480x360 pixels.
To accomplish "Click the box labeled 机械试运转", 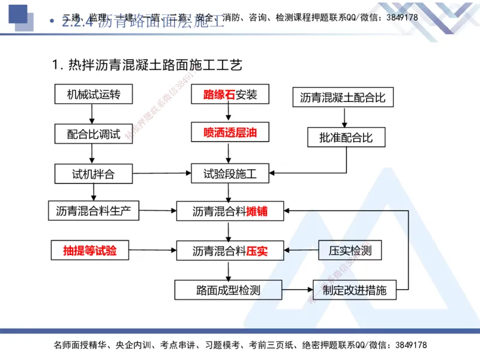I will [93, 94].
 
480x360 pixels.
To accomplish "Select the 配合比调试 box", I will [93, 134].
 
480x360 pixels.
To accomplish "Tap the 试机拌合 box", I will [93, 174].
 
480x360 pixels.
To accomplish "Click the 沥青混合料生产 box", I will [93, 211].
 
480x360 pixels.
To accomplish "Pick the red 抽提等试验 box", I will [90, 250].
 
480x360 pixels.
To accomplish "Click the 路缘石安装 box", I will [230, 94].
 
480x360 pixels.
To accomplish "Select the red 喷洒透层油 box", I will [230, 133].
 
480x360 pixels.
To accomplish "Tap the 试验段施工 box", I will [230, 174].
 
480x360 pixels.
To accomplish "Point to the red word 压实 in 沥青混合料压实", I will [257, 251].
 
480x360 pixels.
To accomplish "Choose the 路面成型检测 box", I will [228, 290].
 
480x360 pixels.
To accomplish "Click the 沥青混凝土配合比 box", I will [343, 98].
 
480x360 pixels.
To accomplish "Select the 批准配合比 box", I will [346, 137].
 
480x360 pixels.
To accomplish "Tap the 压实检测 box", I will [350, 250].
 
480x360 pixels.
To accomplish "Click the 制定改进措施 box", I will [355, 290].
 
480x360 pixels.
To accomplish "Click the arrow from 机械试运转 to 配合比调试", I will [92, 114].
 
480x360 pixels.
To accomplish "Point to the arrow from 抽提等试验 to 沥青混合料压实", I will [153, 250].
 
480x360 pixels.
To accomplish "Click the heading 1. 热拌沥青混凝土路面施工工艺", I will [148, 64].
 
